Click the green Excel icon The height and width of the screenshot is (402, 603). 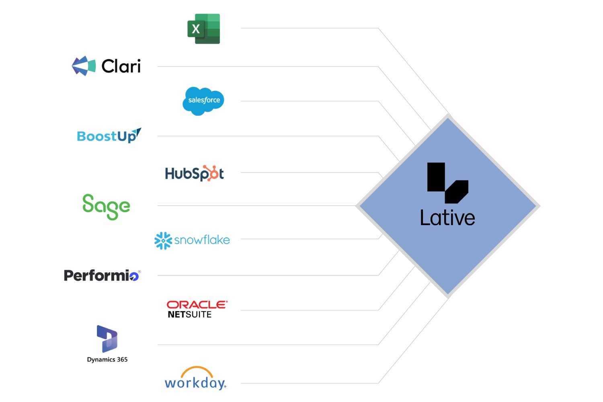point(203,29)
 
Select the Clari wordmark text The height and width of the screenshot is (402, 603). point(121,66)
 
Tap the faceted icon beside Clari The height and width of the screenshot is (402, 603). point(84,66)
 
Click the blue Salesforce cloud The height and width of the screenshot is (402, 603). point(203,100)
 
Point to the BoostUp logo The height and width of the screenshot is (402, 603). point(109,136)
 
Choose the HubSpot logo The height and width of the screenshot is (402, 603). point(194,173)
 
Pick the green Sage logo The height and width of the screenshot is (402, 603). point(106,206)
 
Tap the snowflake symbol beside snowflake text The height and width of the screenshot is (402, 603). point(163,240)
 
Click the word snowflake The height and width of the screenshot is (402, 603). point(202,240)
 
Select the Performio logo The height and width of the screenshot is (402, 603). point(102,275)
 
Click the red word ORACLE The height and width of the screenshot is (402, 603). point(197,305)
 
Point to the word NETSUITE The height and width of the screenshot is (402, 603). point(189,314)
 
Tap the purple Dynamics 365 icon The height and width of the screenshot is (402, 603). point(107,338)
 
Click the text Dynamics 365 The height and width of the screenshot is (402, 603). point(107,359)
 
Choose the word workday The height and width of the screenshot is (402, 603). point(195,383)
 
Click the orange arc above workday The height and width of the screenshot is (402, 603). point(197,370)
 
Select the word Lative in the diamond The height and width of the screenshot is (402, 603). point(447,218)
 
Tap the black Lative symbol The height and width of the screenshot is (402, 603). point(447,183)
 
